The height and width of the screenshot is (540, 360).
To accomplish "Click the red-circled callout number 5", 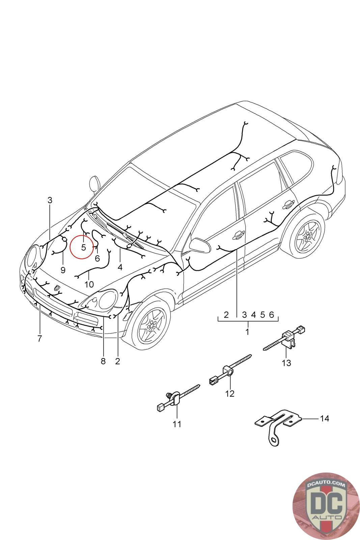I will coord(83,247).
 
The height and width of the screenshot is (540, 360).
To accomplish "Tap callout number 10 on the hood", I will coord(89,285).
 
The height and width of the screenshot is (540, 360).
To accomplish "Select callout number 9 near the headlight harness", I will coord(63,270).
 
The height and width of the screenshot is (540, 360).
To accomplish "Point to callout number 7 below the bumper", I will coord(39,338).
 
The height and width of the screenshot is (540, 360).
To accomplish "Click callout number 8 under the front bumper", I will coord(103,361).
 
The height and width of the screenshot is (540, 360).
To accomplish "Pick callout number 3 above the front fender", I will coord(50,200).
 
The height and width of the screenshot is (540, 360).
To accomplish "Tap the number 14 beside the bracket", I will coord(324,418).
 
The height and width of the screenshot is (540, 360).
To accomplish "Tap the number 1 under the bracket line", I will coord(247,332).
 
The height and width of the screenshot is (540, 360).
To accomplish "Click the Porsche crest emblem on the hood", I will coord(57,288).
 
